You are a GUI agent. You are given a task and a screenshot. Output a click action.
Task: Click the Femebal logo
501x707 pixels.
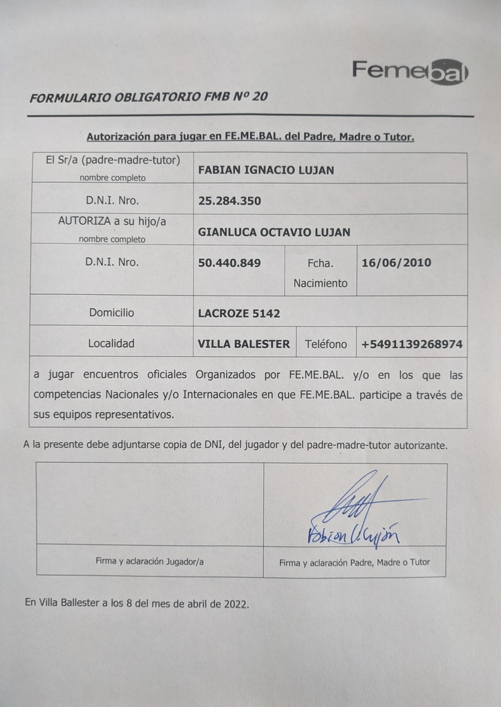tap(410, 71)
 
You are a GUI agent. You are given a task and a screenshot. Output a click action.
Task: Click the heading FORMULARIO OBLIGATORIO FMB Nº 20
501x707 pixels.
tap(149, 97)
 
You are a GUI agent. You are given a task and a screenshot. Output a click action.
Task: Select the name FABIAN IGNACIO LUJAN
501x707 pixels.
tap(266, 170)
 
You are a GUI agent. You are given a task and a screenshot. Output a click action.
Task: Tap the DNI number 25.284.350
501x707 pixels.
tap(229, 202)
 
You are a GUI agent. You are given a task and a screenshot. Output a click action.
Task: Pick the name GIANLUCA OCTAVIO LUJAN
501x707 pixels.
tap(274, 232)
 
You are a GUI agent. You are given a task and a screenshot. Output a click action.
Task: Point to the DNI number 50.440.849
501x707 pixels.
tap(229, 262)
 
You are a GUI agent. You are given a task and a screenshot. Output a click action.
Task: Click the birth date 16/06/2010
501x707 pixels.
tap(396, 262)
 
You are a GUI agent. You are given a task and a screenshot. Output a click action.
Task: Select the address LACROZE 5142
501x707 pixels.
tap(239, 313)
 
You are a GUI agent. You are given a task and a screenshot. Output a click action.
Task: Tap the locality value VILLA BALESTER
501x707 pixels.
tap(244, 343)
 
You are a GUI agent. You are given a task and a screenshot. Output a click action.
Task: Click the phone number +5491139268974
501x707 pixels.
tap(412, 343)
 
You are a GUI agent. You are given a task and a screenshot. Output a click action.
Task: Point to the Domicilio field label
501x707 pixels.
tap(111, 313)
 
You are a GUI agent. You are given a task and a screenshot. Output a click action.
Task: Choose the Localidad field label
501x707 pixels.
tap(111, 343)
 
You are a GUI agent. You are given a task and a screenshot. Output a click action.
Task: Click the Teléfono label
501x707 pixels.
tap(326, 343)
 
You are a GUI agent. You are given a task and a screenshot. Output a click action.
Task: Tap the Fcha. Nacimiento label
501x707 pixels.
tap(321, 273)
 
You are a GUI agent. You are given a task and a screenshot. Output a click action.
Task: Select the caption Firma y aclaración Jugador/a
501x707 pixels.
tap(149, 561)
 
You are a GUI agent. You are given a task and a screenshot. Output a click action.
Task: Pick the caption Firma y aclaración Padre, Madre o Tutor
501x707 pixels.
tap(355, 562)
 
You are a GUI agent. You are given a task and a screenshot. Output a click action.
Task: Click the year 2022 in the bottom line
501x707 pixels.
tap(235, 603)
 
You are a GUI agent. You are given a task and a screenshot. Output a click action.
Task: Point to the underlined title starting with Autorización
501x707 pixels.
tap(250, 137)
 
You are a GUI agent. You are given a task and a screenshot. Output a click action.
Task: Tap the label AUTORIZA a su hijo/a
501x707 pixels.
tap(112, 221)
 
